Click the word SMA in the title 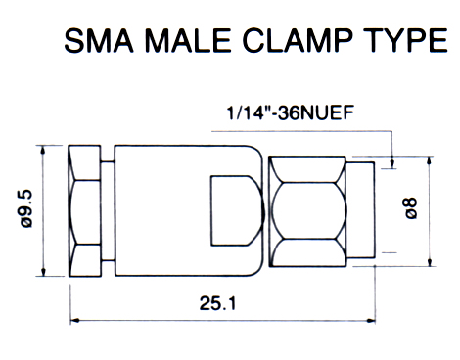[99, 40]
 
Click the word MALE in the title [188, 40]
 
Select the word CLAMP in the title [298, 40]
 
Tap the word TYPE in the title [405, 40]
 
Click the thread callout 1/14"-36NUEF [290, 113]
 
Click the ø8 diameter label [410, 208]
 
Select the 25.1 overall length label [217, 303]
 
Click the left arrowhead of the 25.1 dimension [74, 321]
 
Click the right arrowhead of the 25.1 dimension [371, 321]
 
